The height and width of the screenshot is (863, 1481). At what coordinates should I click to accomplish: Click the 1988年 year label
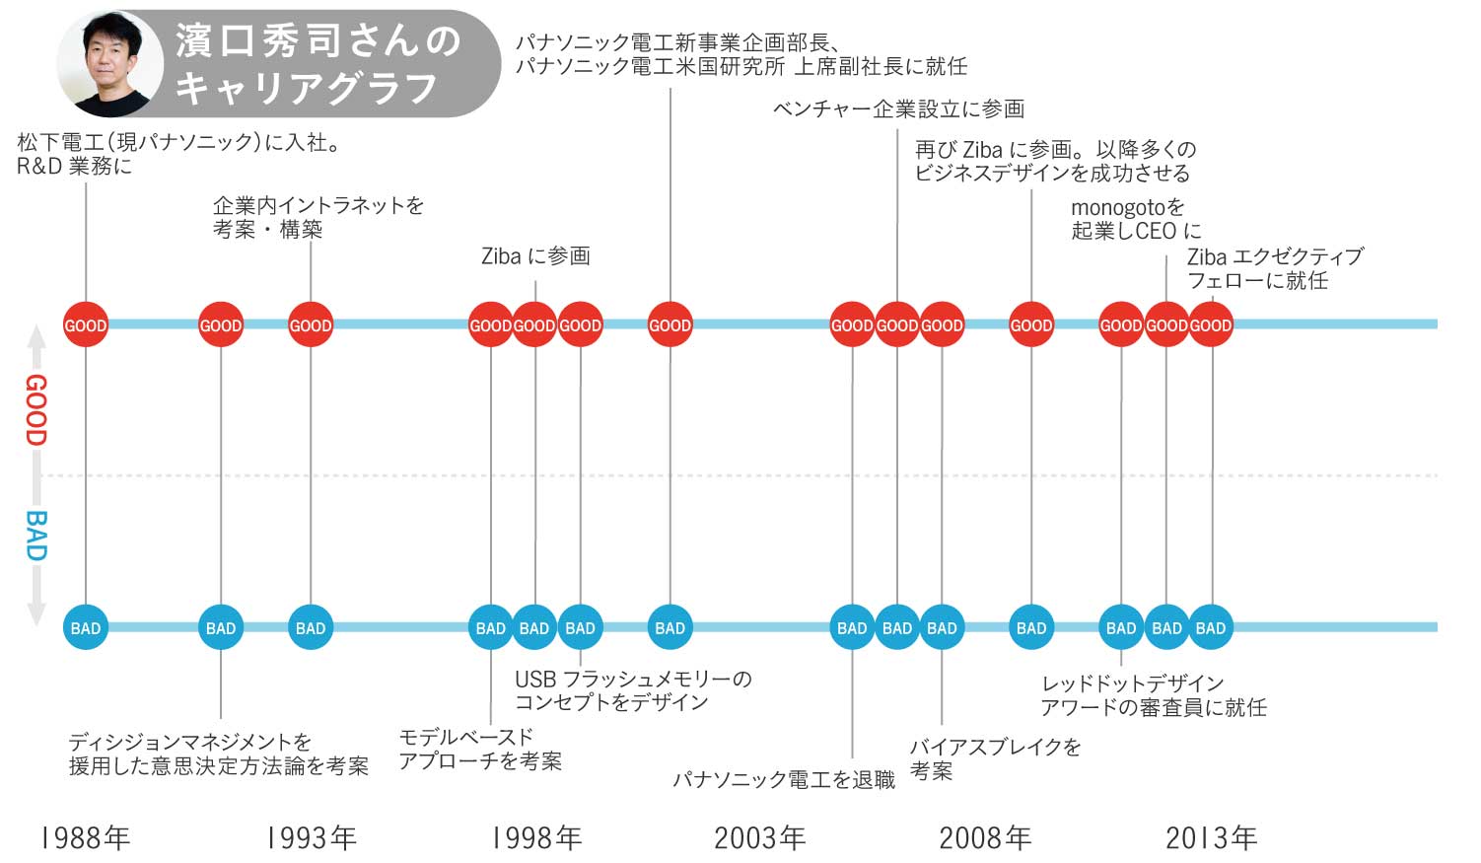pyautogui.click(x=85, y=838)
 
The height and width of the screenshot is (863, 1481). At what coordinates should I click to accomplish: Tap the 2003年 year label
pyautogui.click(x=759, y=838)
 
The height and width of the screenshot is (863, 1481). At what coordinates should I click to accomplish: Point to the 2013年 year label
pyautogui.click(x=1211, y=838)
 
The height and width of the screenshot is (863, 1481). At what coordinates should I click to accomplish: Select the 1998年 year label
pyautogui.click(x=536, y=838)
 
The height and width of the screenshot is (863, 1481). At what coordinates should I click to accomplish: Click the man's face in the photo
pyautogui.click(x=110, y=61)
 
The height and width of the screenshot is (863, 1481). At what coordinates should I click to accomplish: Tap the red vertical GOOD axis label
pyautogui.click(x=35, y=409)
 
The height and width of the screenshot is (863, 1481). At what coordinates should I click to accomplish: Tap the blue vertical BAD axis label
pyautogui.click(x=35, y=536)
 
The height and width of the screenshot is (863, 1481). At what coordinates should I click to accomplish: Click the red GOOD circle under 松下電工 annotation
pyautogui.click(x=86, y=324)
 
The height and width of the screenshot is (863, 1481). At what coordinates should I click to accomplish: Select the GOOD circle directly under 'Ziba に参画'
pyautogui.click(x=534, y=324)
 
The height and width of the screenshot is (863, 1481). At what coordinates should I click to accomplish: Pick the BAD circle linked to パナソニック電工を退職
pyautogui.click(x=852, y=627)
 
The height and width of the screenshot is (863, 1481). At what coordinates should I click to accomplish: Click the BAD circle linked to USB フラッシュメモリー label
pyautogui.click(x=580, y=627)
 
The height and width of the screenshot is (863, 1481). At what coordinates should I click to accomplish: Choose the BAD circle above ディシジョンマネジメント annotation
pyautogui.click(x=220, y=627)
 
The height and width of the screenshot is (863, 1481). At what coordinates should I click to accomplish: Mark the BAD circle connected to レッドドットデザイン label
pyautogui.click(x=1121, y=627)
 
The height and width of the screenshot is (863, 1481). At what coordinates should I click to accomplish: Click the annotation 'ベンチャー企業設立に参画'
pyautogui.click(x=898, y=108)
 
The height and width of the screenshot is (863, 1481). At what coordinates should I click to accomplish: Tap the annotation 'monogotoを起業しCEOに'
pyautogui.click(x=1136, y=219)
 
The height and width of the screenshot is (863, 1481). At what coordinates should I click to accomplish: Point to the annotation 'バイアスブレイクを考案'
pyautogui.click(x=994, y=758)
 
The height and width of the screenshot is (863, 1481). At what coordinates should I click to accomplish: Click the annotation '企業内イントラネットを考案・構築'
pyautogui.click(x=317, y=217)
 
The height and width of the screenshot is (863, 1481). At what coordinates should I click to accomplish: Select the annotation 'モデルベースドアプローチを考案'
pyautogui.click(x=479, y=750)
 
